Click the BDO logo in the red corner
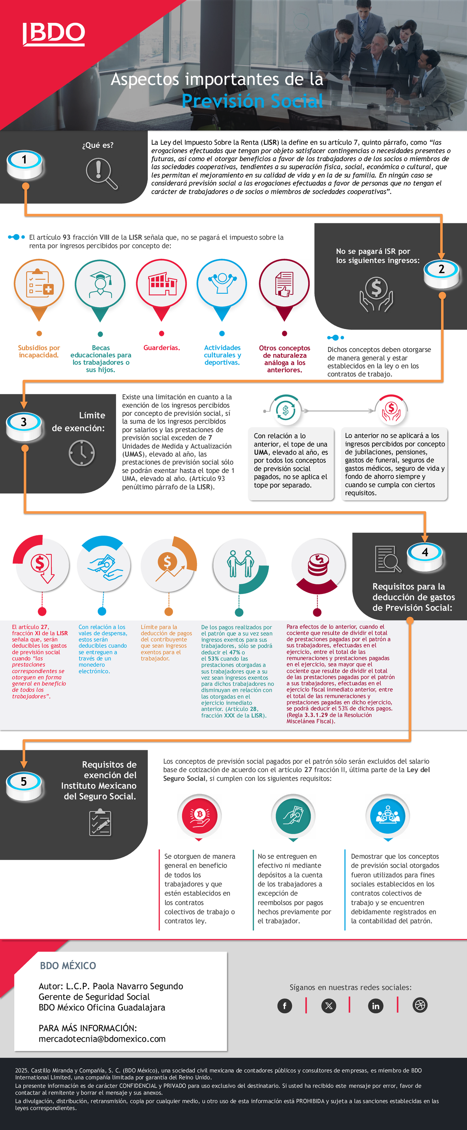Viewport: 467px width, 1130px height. tap(54, 34)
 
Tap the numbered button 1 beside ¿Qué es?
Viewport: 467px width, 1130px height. tap(25, 164)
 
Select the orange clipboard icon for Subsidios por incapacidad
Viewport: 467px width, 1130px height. tap(39, 284)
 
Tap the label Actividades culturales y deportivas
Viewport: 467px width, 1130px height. tap(222, 355)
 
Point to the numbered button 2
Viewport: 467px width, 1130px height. tap(442, 273)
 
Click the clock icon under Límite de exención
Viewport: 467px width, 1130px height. tap(82, 453)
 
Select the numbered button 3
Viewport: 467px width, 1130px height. tap(24, 426)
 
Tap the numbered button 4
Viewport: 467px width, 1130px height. tap(425, 556)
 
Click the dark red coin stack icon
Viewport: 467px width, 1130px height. tap(318, 564)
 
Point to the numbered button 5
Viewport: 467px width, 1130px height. tap(24, 786)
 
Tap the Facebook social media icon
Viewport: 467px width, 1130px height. tap(284, 1006)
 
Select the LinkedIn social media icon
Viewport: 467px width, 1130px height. tap(375, 1006)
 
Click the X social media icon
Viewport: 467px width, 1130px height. tap(329, 1006)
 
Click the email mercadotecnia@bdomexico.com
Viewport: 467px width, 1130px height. tap(102, 1039)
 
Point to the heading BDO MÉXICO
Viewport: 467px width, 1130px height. tap(68, 965)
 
